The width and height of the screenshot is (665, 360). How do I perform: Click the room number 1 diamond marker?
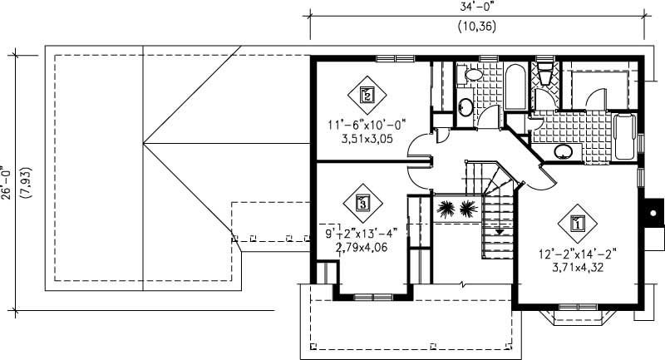pyautogui.click(x=576, y=222)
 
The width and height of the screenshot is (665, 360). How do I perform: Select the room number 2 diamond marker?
pyautogui.click(x=367, y=94)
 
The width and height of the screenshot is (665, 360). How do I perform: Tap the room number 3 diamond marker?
pyautogui.click(x=362, y=201)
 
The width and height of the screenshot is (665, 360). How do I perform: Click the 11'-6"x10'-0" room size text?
pyautogui.click(x=367, y=126)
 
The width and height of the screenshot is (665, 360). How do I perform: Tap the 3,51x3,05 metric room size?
pyautogui.click(x=367, y=140)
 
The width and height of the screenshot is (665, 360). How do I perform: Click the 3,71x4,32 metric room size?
pyautogui.click(x=576, y=267)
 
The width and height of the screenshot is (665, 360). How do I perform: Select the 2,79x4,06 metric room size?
pyautogui.click(x=362, y=247)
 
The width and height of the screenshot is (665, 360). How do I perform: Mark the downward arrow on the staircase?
pyautogui.click(x=498, y=232)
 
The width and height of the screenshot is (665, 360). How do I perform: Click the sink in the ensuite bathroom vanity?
pyautogui.click(x=564, y=151)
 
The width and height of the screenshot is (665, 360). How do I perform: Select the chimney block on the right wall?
pyautogui.click(x=654, y=212)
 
